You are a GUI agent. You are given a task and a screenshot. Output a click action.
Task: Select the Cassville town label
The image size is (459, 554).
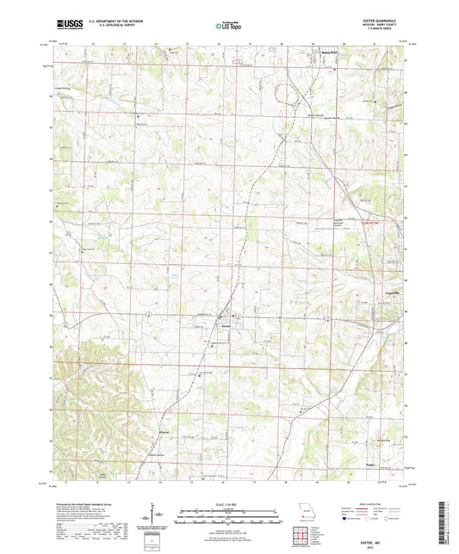[x=384, y=291]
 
